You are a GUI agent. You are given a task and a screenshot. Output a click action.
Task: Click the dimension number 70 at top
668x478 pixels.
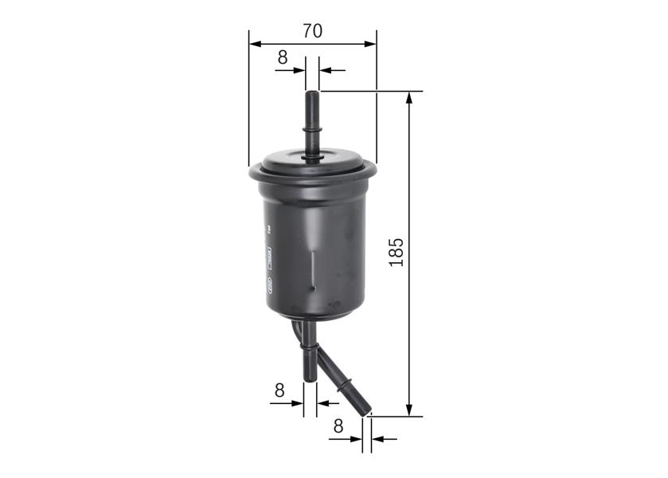(312, 31)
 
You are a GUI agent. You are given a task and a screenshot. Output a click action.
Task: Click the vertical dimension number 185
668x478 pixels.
(397, 252)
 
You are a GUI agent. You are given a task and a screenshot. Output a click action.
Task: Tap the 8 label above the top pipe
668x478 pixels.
(282, 57)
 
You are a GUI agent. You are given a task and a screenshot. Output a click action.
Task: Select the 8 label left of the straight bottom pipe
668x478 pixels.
(279, 390)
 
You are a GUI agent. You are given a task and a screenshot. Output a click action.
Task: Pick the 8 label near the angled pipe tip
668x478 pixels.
(338, 426)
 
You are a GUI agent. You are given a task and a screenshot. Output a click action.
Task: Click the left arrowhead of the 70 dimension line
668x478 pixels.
(253, 43)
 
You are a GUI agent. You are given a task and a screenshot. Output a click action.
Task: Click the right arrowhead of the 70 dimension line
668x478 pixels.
(371, 43)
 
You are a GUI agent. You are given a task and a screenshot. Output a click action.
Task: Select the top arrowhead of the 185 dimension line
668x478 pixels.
(409, 96)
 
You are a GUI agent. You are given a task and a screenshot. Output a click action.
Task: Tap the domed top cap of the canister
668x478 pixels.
(312, 159)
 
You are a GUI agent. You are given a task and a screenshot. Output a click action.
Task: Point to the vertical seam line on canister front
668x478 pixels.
(312, 267)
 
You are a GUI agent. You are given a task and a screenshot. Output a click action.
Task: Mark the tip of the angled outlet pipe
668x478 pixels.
(368, 412)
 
